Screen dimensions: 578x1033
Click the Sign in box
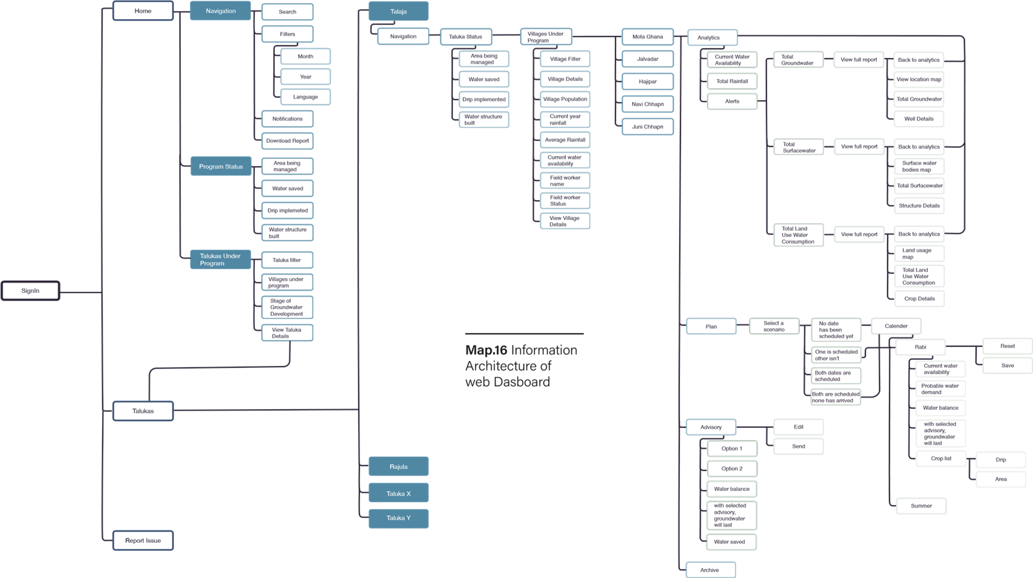31,291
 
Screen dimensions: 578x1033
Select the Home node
143,11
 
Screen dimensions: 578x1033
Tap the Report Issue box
143,540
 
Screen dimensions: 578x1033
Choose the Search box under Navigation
288,12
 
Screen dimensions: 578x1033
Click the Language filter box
306,97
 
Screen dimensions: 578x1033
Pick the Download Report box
288,141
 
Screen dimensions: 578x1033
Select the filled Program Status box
221,166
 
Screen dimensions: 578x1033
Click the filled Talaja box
398,11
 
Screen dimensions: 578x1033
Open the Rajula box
399,466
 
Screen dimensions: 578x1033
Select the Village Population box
565,100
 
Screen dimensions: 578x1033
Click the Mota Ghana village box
648,37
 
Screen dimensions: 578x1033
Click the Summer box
921,506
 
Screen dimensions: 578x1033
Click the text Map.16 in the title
486,350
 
